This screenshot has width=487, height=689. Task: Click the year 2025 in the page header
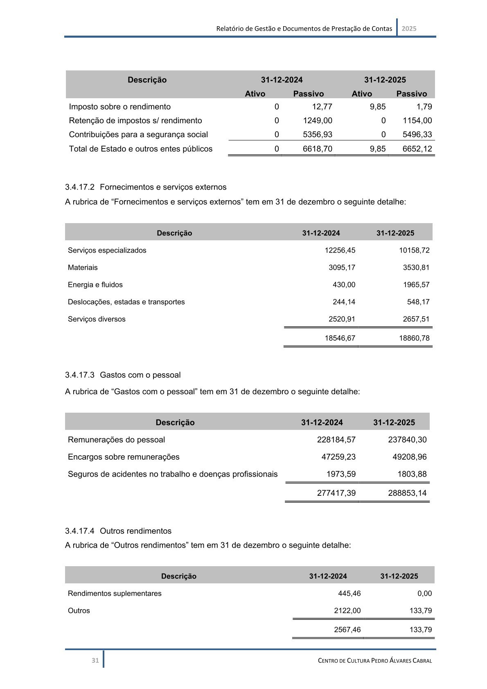point(409,29)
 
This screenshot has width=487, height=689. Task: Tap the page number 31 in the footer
point(95,660)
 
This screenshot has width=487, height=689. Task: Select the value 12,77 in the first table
point(322,107)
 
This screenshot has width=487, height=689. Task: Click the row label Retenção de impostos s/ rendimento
point(135,121)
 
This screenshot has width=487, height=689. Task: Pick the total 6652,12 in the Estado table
point(417,149)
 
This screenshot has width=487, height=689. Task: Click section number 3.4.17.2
point(79,187)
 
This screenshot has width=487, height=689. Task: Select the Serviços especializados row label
point(107,251)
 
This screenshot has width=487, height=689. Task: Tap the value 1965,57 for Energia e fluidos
point(416,285)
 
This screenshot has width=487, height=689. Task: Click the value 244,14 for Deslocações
point(344,302)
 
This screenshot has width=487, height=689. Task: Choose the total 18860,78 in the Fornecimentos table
point(414,338)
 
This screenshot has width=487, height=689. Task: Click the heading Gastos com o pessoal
point(140,375)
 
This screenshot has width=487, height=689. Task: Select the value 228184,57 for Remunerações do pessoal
point(336,440)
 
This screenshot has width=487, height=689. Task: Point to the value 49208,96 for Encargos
point(409,457)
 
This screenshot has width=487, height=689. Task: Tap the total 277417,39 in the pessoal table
point(336,493)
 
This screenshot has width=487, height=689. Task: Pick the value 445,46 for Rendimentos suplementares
point(349,594)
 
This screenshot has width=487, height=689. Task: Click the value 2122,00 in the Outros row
point(347,611)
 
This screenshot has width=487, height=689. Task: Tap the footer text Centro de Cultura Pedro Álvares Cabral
point(375,660)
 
